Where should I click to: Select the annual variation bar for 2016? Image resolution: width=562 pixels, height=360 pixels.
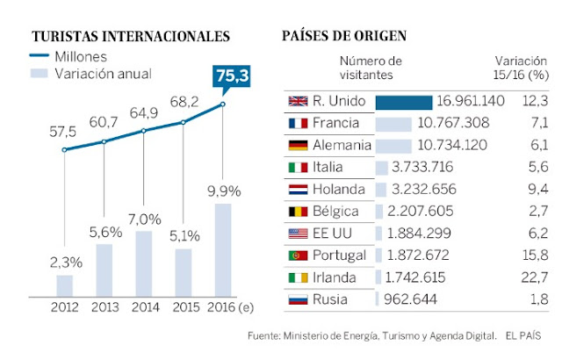tap(223, 250)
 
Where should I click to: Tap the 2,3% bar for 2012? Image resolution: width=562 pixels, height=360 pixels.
tap(64, 286)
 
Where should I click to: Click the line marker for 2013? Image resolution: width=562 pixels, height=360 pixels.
tap(104, 141)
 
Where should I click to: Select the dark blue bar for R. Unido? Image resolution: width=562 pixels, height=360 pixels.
tap(404, 102)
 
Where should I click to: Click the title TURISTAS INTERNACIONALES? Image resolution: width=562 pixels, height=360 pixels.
tap(131, 36)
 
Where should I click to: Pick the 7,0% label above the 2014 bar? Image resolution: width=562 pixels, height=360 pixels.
tap(144, 219)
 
